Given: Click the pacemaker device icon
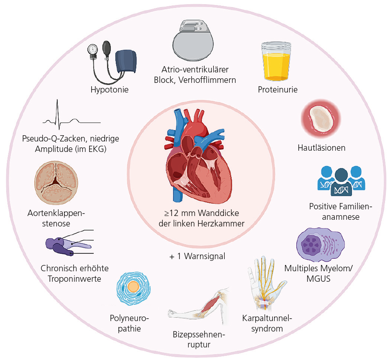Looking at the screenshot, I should click(194, 42).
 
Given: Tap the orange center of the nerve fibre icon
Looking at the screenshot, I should click(133, 287).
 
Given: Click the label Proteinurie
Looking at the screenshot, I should click(278, 90).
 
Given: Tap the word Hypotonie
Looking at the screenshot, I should click(109, 90).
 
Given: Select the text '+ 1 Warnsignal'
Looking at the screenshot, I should click(197, 256).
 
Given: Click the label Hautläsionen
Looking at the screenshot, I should click(321, 148).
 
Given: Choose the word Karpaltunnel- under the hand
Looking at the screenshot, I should click(267, 319).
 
